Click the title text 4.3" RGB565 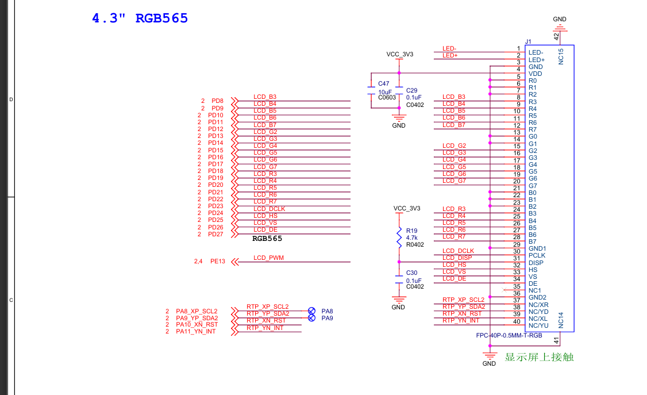pos(140,18)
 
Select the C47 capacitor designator pos(384,84)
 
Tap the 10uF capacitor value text pos(384,92)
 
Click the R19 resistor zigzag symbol pos(399,237)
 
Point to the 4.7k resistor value pos(413,237)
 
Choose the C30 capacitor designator pos(411,273)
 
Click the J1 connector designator pos(529,41)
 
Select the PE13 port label pos(217,262)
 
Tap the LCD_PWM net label pos(268,258)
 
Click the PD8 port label pos(217,101)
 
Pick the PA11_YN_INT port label pos(197,332)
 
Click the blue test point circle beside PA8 pos(311,310)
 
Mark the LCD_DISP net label pos(457,258)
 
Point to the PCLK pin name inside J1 pos(537,255)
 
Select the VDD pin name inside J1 pos(535,74)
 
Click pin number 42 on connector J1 pos(556,36)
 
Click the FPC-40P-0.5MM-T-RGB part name pos(509,335)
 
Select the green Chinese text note pos(539,357)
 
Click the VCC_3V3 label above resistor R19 pos(406,208)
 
